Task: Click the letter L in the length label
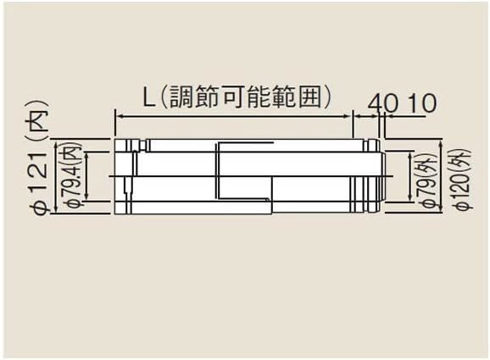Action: point(149,97)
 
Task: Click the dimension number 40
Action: point(383,102)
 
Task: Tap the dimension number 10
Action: point(422,102)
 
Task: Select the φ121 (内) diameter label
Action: point(41,158)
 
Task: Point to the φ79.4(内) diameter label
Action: point(75,175)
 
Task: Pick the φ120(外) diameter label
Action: point(463,180)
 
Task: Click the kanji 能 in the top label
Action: point(259,97)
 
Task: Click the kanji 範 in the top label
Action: point(284,97)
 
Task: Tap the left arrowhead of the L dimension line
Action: point(120,116)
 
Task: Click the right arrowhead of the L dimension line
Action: point(348,116)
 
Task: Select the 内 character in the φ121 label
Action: point(41,118)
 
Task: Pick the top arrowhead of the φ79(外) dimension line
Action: point(410,156)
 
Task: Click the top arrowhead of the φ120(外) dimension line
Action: point(441,144)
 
